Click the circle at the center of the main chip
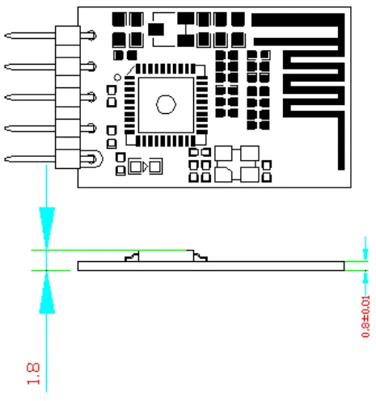(x=166, y=103)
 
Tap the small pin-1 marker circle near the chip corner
(x=117, y=78)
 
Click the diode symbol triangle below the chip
(x=145, y=167)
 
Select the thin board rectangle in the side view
(x=210, y=266)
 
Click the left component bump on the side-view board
(x=131, y=257)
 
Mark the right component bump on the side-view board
(x=200, y=257)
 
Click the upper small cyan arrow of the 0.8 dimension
(x=365, y=254)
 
